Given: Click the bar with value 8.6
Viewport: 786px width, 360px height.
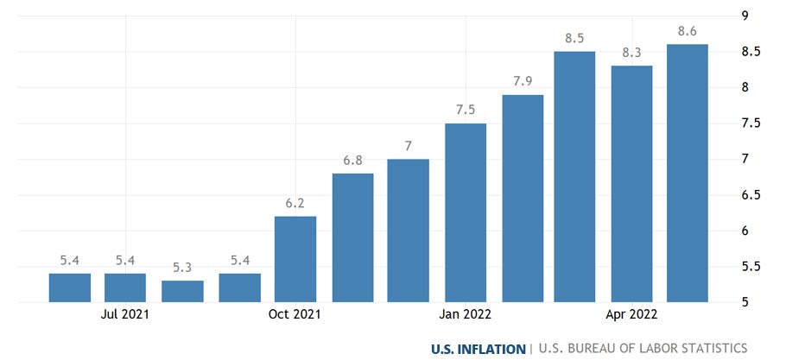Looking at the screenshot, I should [x=688, y=173].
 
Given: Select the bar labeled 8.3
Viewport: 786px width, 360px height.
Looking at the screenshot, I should [x=631, y=184].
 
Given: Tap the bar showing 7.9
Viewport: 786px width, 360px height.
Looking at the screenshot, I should [x=523, y=199].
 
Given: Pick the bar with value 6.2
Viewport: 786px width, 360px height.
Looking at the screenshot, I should [x=295, y=259].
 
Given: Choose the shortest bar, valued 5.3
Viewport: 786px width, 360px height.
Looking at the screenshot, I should [x=182, y=291].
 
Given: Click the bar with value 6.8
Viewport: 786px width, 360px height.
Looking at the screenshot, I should [x=352, y=237].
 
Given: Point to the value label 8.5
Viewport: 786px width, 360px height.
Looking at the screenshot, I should [x=574, y=38].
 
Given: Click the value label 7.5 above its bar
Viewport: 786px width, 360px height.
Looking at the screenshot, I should [x=466, y=110].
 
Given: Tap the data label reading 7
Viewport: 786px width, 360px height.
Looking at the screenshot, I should [x=409, y=145].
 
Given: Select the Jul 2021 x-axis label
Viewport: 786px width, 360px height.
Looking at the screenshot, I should [x=125, y=314].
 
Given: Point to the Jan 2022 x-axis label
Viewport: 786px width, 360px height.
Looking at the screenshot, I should [x=466, y=314].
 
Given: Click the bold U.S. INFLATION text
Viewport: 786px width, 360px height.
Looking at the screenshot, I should [x=479, y=349].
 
